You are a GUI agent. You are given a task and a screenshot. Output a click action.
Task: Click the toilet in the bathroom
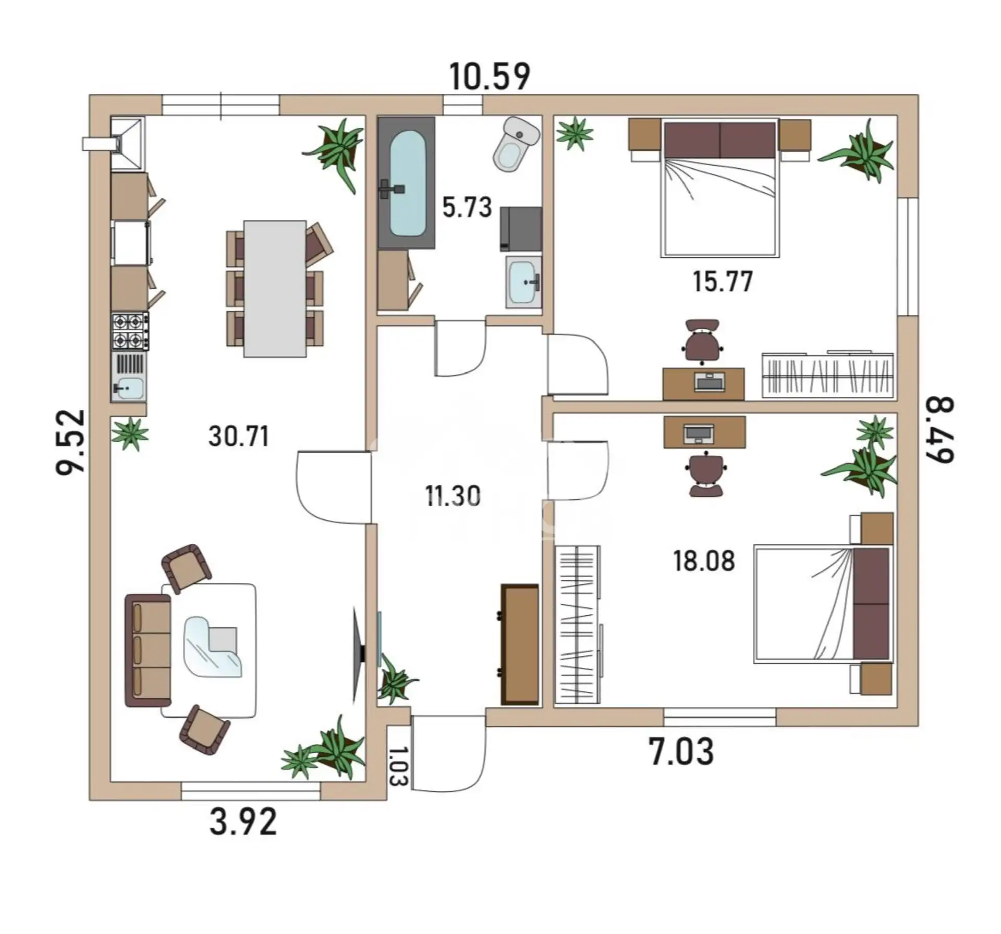(516, 144)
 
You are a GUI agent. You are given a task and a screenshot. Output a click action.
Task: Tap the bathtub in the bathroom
(406, 182)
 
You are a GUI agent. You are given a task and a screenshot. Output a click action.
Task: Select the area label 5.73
(467, 207)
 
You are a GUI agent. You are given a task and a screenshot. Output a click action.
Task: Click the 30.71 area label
(239, 436)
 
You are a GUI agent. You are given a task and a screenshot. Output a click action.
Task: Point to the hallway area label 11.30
(453, 496)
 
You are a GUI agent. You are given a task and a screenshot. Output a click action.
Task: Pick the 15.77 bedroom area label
(723, 282)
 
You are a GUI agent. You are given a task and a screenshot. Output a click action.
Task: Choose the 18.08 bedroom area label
(704, 561)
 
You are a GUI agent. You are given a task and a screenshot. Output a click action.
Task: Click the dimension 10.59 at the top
(490, 77)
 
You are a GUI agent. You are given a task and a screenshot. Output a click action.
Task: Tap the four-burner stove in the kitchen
(130, 331)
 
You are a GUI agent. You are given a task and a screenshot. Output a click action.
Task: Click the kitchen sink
(128, 377)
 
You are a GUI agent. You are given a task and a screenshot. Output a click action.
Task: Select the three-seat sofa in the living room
(148, 650)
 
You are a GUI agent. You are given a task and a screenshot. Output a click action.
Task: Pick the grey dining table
(275, 289)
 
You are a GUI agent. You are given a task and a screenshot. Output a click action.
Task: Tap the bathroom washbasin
(524, 282)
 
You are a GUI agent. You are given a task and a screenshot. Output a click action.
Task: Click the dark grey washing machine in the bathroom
(521, 229)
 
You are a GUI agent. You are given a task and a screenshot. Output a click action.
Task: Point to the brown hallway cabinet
(519, 644)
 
